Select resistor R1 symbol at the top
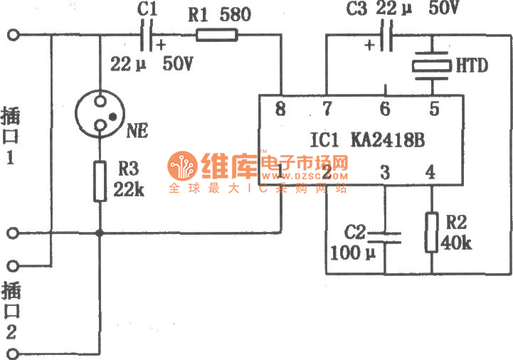211,34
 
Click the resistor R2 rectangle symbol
431,232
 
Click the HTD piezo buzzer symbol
431,66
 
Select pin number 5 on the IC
434,109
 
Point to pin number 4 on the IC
429,171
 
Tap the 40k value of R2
456,244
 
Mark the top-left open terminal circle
12,35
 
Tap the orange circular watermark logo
181,166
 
